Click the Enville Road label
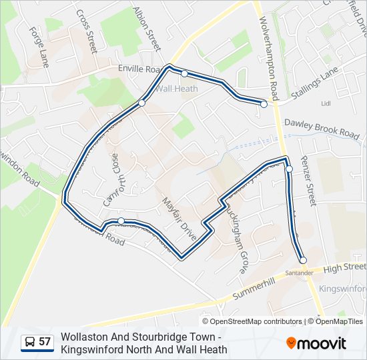[141, 69]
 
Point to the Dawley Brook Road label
[322, 128]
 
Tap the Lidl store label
[326, 104]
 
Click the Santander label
[298, 273]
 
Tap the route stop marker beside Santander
[303, 261]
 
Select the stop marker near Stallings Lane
[264, 104]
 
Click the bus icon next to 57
[30, 342]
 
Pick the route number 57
[45, 342]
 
